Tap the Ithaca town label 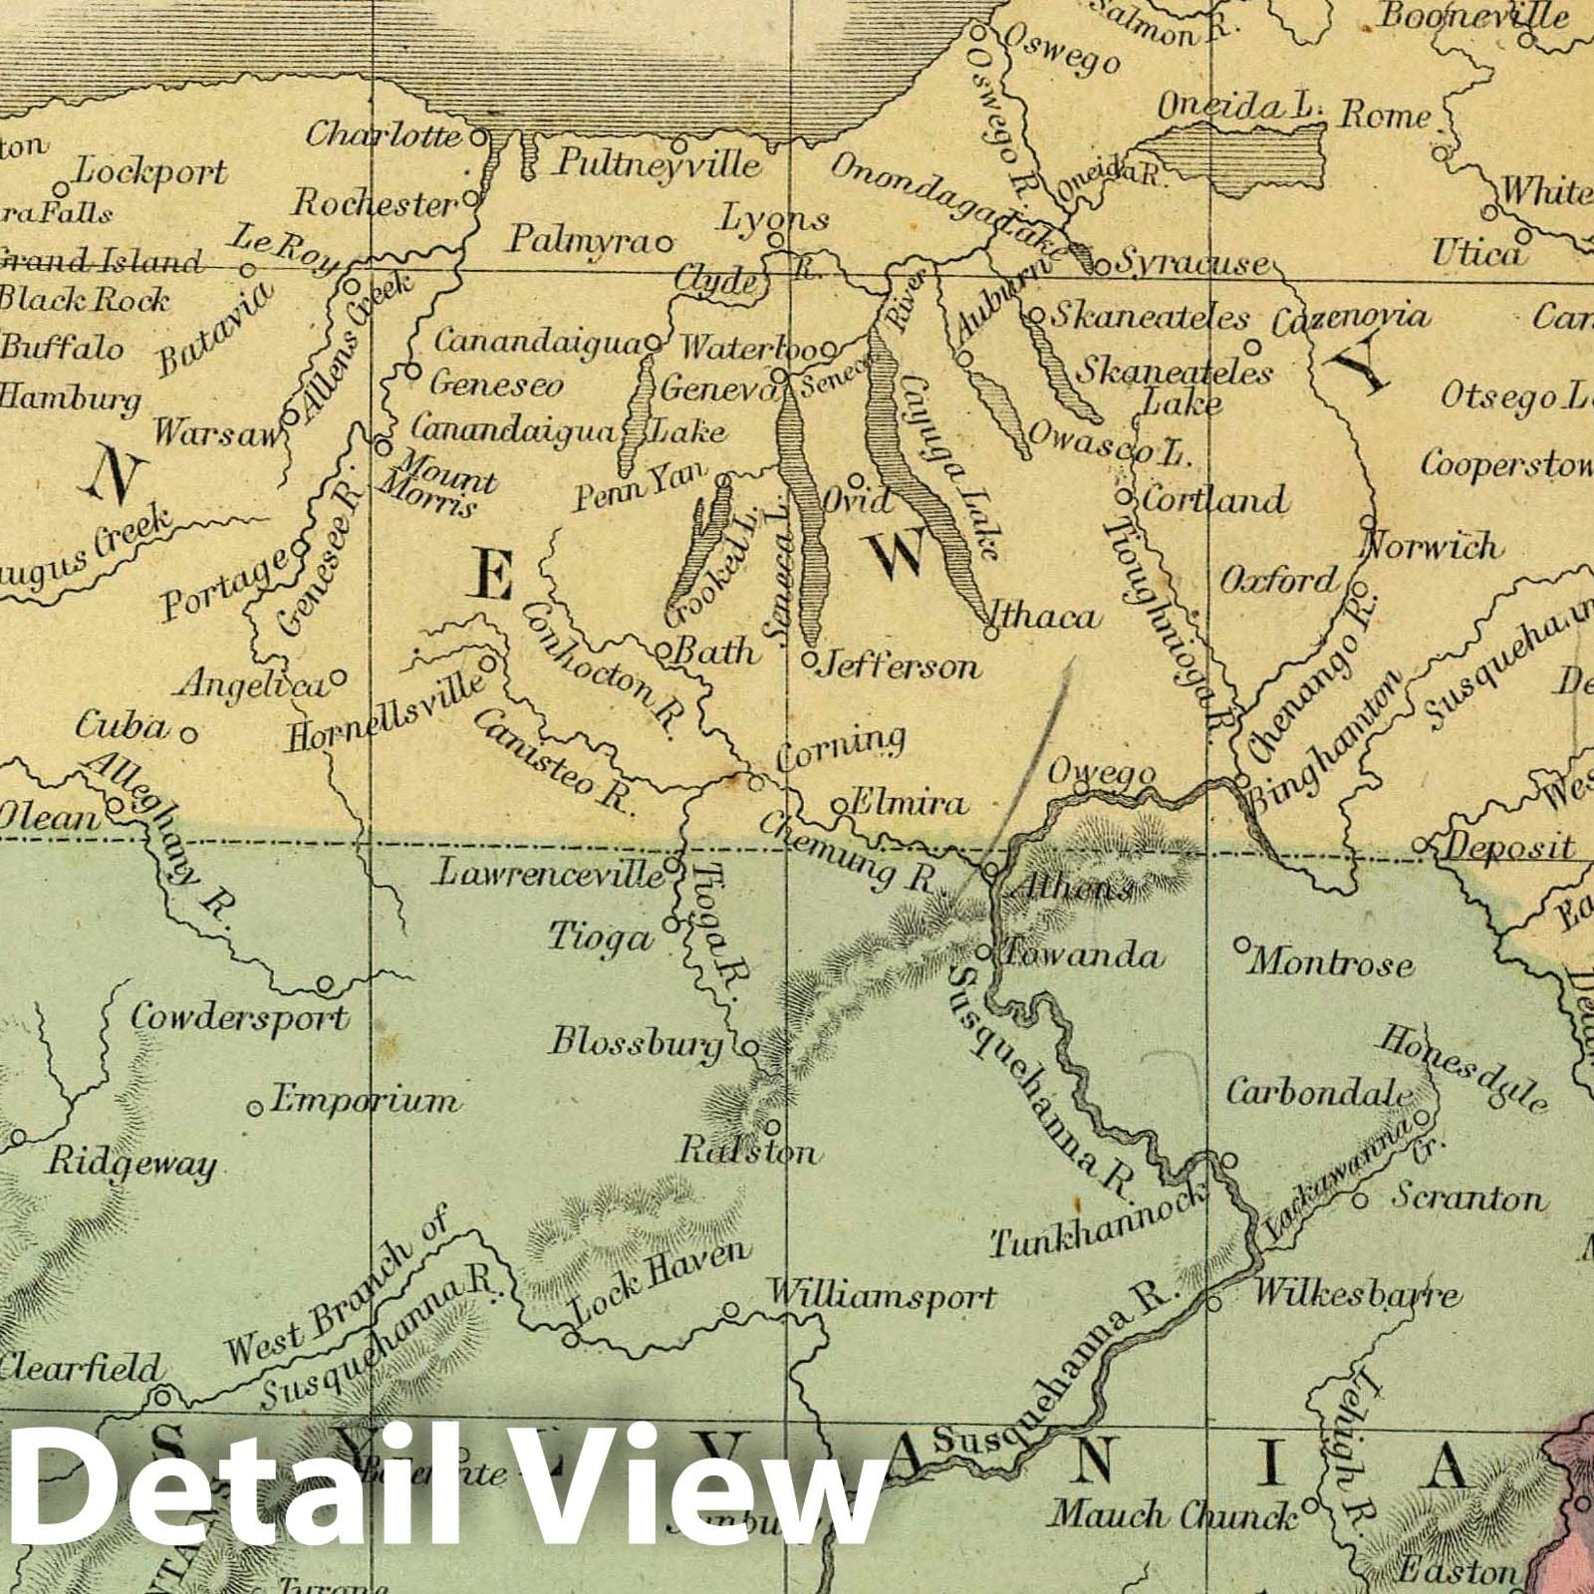pos(1055,618)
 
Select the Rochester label pos(373,204)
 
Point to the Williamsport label pos(881,1297)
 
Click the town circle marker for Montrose pos(1242,942)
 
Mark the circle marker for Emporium pos(255,1107)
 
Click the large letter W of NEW pos(902,554)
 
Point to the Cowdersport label pos(239,1018)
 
